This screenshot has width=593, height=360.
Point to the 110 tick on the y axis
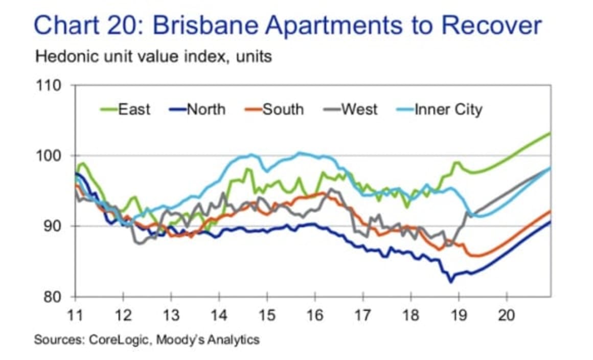[x=50, y=85]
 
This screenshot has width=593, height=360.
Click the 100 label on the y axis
[x=50, y=155]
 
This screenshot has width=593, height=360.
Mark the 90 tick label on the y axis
[x=54, y=226]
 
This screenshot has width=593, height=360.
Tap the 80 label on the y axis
[x=54, y=297]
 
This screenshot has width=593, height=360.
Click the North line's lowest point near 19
[x=451, y=281]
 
